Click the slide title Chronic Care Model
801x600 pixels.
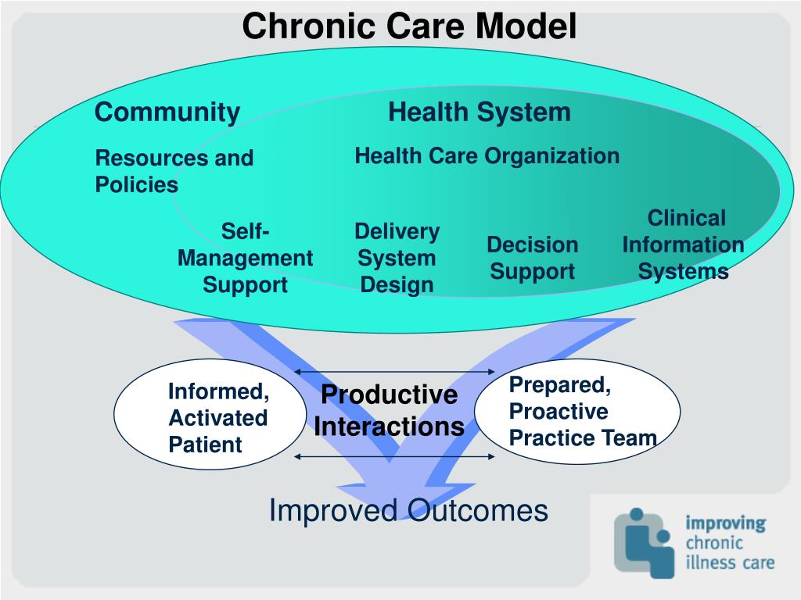pos(408,27)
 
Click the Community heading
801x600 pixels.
pos(167,112)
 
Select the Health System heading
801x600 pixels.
pos(479,112)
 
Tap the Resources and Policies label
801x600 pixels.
pos(174,171)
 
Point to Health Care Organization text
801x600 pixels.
pos(487,155)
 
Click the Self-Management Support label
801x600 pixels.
pos(245,258)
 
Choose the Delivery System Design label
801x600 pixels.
pos(397,258)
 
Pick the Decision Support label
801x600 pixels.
pos(532,258)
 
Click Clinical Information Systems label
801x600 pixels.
pos(683,245)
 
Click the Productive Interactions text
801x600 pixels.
pos(389,411)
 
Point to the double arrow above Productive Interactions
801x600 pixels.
pos(395,372)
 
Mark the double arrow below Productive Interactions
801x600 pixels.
pos(395,456)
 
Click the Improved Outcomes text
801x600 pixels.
pos(408,511)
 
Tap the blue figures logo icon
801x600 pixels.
pos(643,543)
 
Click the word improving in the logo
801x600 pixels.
pos(725,523)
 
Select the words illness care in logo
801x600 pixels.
pos(729,562)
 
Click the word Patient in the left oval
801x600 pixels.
pos(205,445)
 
